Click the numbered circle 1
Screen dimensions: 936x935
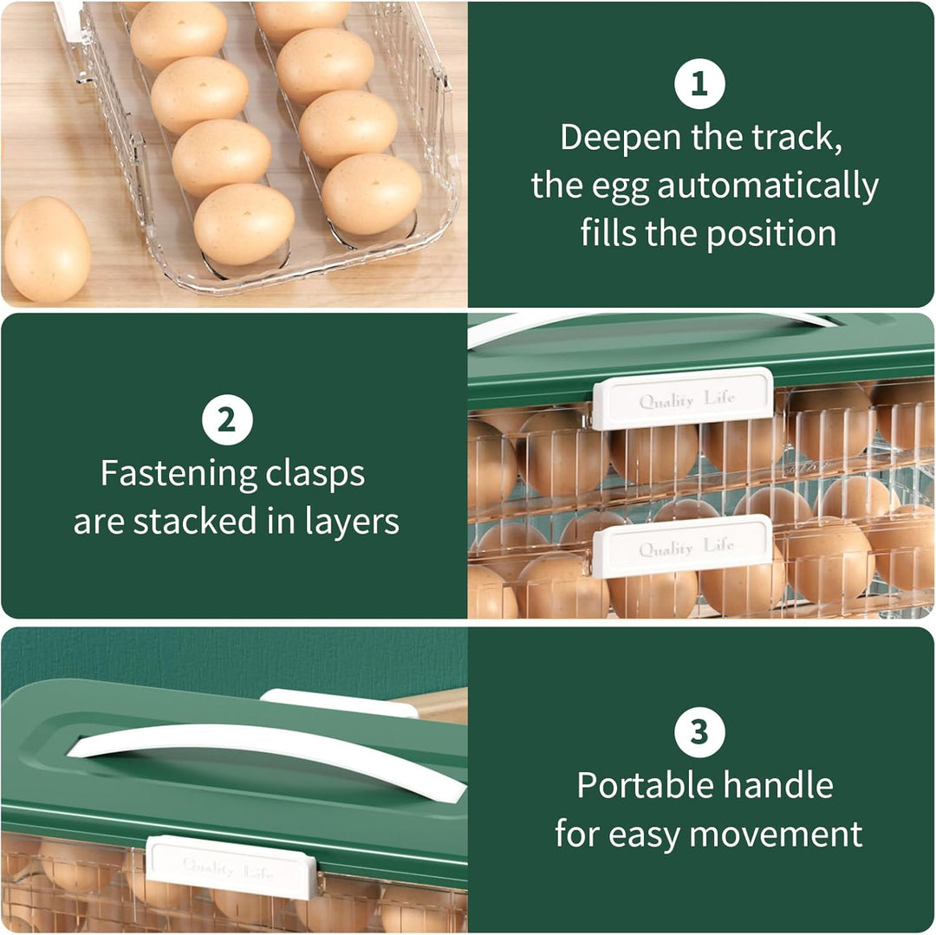(x=699, y=83)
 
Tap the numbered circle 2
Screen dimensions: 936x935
(x=227, y=419)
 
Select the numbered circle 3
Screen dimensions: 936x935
(x=699, y=731)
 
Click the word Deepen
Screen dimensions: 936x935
(x=621, y=139)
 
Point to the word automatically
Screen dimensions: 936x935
(x=768, y=186)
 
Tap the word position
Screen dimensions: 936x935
(x=771, y=234)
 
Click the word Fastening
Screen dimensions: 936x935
(x=179, y=475)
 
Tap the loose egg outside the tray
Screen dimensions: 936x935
(x=47, y=250)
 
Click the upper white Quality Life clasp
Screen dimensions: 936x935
(x=682, y=399)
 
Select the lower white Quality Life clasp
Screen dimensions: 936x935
(x=682, y=546)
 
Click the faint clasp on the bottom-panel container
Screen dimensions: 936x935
(x=231, y=867)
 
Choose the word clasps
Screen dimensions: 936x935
(x=315, y=475)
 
